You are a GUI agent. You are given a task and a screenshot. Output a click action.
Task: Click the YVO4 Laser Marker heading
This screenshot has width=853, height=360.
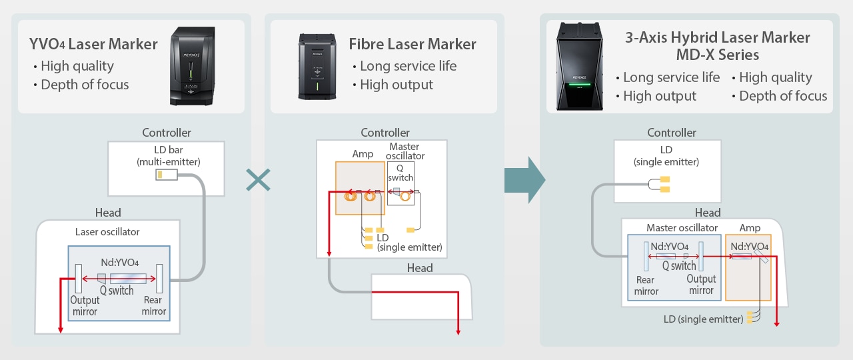93,45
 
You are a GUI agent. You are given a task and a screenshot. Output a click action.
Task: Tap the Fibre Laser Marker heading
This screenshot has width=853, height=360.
413,45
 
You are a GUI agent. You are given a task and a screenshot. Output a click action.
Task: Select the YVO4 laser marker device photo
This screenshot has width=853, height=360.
193,65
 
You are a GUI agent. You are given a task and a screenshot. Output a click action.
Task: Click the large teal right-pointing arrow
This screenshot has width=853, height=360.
525,180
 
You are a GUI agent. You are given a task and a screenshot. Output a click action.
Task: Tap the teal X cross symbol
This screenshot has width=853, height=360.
258,179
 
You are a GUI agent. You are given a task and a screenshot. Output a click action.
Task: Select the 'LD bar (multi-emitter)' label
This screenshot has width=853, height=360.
168,155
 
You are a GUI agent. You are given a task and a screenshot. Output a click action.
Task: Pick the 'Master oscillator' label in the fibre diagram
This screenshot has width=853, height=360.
405,151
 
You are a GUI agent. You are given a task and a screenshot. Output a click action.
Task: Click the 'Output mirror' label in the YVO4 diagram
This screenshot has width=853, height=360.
85,306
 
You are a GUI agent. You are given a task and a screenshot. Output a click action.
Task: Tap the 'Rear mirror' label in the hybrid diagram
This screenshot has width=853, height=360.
646,285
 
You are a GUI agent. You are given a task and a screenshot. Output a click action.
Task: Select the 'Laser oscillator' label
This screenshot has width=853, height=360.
107,232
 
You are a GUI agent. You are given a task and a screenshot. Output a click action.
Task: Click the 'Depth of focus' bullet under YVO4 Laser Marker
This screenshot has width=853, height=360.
85,85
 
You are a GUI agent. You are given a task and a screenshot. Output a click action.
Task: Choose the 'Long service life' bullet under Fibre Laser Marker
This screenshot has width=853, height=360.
408,66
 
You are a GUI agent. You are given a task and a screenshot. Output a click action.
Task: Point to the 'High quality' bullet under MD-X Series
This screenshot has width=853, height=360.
775,77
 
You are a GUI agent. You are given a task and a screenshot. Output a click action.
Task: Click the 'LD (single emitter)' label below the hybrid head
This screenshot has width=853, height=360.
703,319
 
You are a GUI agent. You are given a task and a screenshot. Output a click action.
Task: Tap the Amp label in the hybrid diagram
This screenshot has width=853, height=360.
750,228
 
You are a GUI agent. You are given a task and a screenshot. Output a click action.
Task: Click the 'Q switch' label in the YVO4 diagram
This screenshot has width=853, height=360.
117,291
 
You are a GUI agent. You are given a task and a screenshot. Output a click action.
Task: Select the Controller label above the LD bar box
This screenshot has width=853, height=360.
167,133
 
